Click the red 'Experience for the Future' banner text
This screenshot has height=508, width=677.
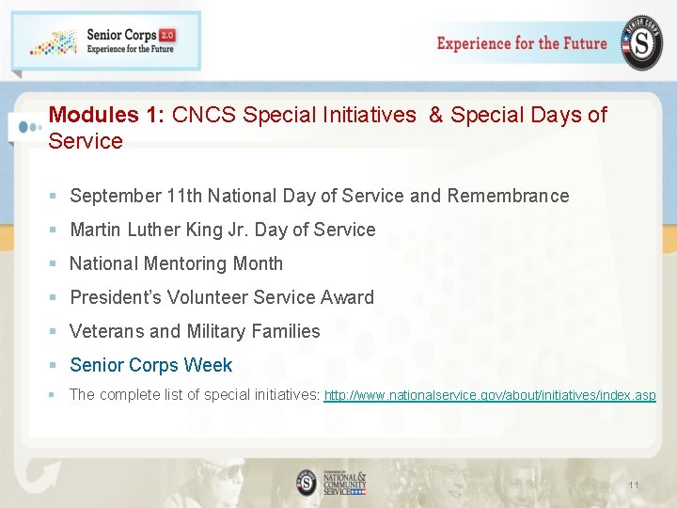pos(522,43)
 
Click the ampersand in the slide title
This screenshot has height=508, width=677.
pos(435,115)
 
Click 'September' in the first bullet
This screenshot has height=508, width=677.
pos(115,196)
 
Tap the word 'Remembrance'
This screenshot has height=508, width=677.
pos(508,196)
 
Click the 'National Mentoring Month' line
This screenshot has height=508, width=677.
pos(176,263)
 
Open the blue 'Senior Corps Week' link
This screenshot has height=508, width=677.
pos(150,365)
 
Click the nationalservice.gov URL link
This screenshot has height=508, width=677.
pos(490,395)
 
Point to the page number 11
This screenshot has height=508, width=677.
pos(633,485)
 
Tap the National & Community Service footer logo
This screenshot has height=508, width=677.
pos(331,482)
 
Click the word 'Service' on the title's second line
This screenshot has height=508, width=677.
pos(86,141)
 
